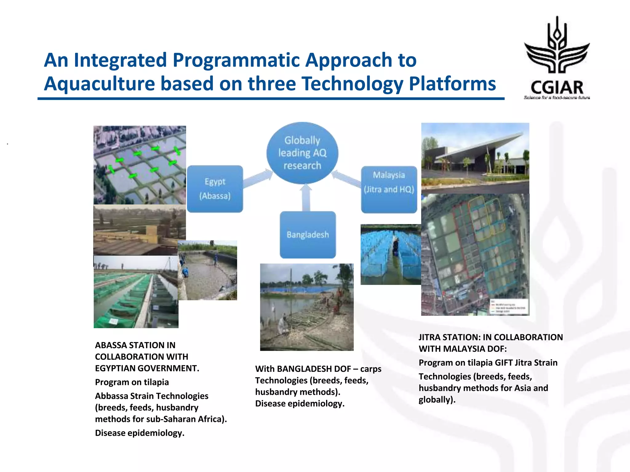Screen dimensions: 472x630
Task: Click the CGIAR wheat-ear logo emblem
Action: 557,46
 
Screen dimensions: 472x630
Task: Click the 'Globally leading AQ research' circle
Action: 302,153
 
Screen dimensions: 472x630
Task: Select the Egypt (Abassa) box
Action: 215,189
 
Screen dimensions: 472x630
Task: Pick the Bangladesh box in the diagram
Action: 308,235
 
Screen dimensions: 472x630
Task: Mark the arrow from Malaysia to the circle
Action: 347,178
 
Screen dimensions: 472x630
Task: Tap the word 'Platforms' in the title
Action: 452,84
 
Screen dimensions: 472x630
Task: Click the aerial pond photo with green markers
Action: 140,165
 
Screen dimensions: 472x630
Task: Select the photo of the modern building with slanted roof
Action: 475,158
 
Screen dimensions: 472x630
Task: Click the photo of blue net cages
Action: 391,254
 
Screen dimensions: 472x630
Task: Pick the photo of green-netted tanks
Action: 136,292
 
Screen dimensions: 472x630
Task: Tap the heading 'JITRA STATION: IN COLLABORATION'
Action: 490,337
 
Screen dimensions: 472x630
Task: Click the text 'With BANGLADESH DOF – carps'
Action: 318,369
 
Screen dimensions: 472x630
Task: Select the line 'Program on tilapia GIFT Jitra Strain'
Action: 488,363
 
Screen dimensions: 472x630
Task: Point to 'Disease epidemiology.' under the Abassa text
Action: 140,433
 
